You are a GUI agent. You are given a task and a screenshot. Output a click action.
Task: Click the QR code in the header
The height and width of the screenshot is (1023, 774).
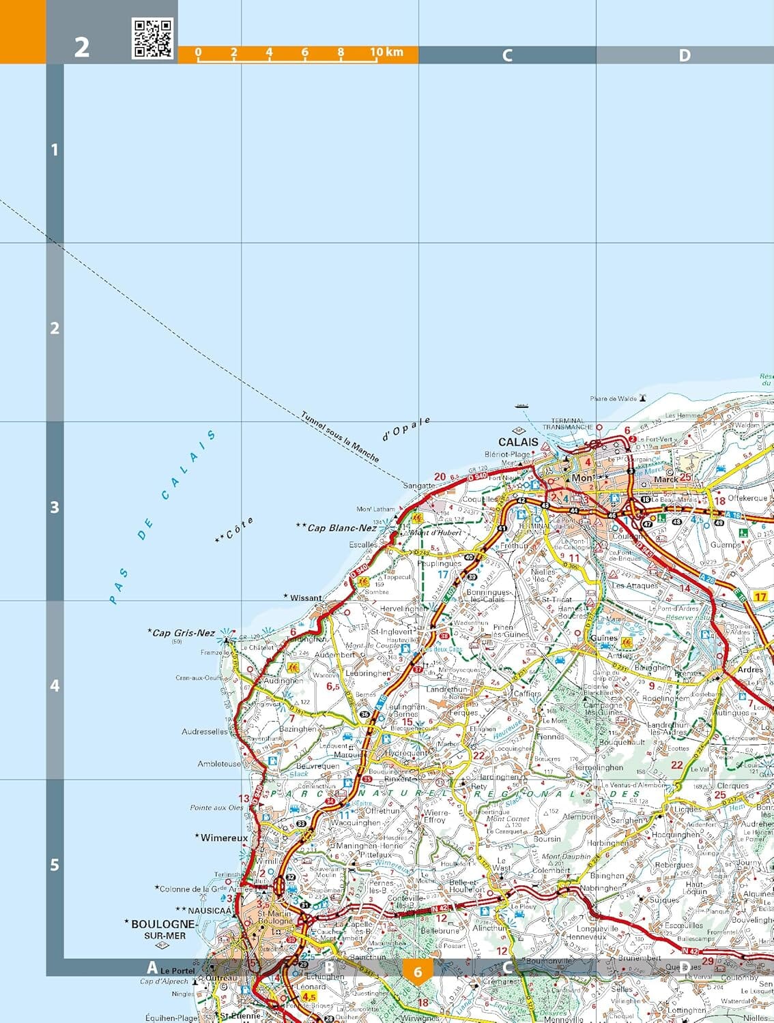tap(152, 38)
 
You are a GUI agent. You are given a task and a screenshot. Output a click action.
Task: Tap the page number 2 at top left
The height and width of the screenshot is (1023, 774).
tap(81, 47)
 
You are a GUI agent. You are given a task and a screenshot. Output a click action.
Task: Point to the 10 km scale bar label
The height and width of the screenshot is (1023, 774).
tap(386, 52)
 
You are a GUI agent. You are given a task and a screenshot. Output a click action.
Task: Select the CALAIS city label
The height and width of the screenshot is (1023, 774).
tap(518, 442)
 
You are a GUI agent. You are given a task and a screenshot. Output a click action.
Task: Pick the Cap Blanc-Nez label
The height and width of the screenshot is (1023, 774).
tap(341, 527)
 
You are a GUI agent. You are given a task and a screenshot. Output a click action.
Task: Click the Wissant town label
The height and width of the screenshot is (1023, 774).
tap(305, 598)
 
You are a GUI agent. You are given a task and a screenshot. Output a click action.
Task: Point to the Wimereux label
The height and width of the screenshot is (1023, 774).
tap(224, 837)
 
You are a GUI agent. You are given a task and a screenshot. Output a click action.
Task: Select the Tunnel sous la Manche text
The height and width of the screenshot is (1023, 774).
tap(339, 436)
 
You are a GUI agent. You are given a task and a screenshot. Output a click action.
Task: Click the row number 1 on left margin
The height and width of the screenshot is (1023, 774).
tap(55, 149)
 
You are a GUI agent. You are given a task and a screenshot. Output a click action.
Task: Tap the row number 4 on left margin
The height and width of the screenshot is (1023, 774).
tap(55, 686)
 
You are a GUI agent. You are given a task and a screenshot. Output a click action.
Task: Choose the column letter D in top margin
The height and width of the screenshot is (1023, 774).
tap(684, 55)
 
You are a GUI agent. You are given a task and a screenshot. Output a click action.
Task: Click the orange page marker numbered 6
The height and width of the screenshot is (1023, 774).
tap(418, 972)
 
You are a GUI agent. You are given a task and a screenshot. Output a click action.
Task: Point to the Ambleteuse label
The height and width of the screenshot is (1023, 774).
tap(219, 764)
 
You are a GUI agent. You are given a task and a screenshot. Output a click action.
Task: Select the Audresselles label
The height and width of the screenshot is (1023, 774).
tap(205, 731)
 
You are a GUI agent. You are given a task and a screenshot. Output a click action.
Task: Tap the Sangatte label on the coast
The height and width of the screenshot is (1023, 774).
tap(418, 486)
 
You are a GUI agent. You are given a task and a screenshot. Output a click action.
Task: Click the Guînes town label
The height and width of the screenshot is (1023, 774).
tap(603, 638)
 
